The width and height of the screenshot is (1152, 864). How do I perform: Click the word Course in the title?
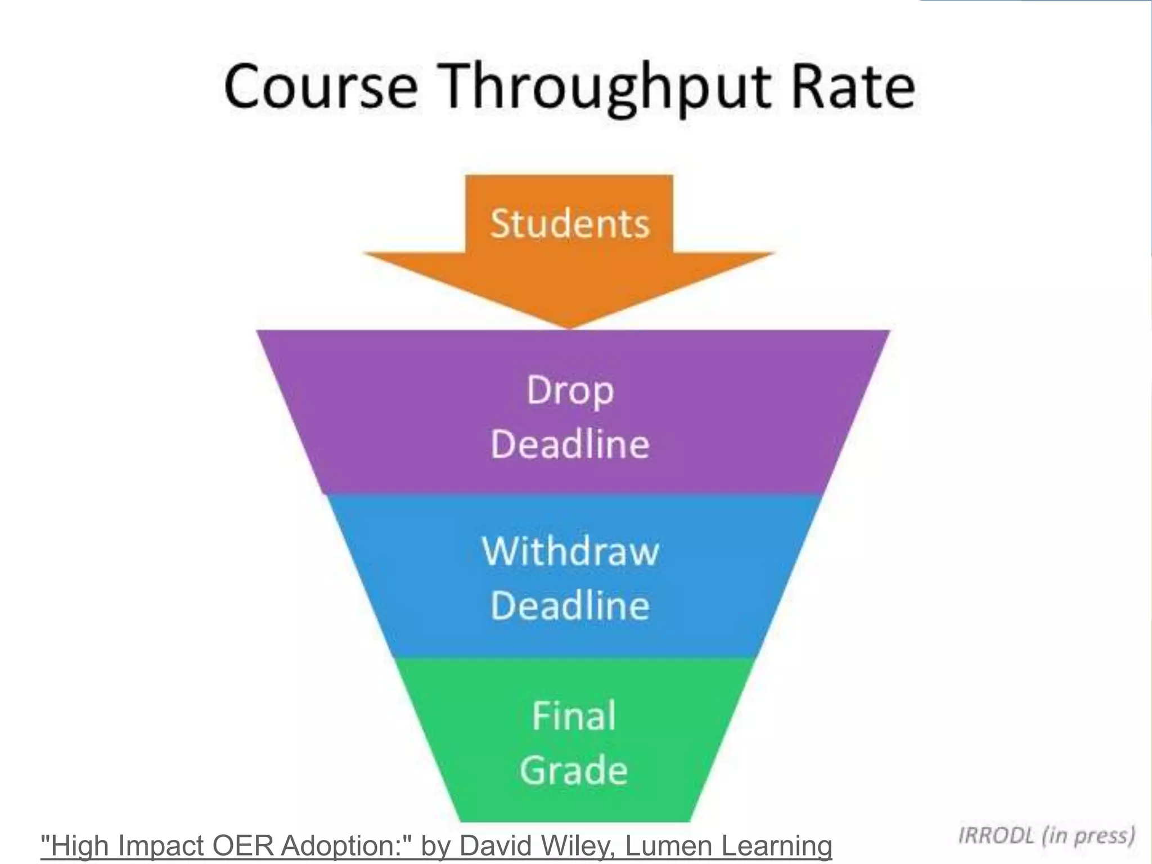[x=321, y=87]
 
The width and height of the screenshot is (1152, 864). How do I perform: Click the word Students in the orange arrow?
[x=570, y=224]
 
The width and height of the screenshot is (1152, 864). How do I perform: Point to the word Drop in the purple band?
[x=570, y=390]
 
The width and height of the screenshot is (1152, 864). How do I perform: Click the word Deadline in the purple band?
[x=570, y=444]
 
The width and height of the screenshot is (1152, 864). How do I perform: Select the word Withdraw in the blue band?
[x=570, y=551]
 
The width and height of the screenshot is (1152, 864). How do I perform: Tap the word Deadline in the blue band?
[x=570, y=606]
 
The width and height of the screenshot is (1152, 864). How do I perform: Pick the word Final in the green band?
[x=574, y=716]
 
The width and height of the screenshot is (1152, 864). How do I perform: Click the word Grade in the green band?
[x=574, y=770]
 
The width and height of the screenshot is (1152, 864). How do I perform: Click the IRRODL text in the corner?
[x=996, y=835]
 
